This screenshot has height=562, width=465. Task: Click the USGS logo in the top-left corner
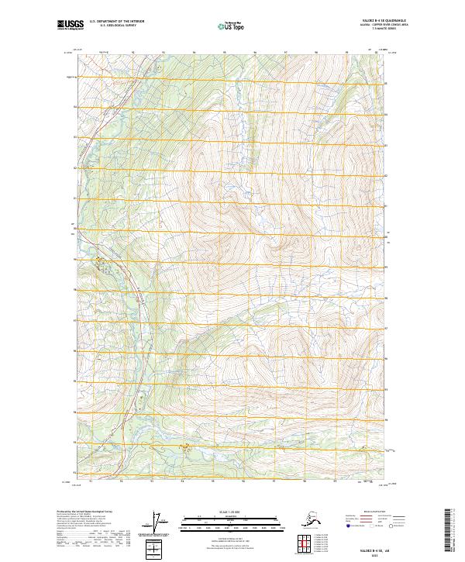pos(68,26)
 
